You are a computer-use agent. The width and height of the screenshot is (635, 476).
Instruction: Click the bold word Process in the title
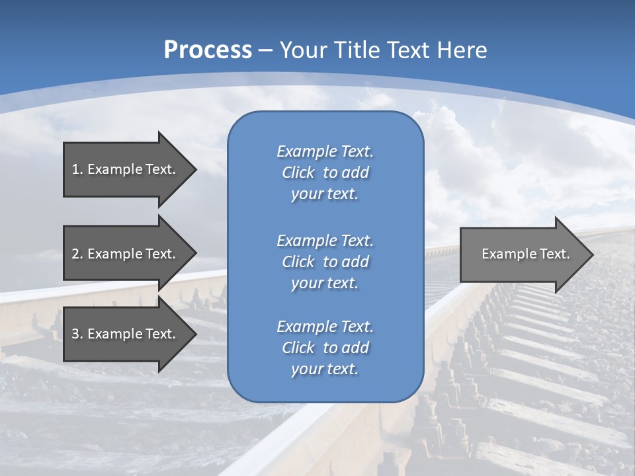click(208, 50)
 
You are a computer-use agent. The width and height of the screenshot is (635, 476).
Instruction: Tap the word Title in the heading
click(357, 50)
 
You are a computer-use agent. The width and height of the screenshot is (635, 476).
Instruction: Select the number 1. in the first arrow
click(77, 169)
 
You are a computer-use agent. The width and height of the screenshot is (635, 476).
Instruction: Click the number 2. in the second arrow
click(77, 254)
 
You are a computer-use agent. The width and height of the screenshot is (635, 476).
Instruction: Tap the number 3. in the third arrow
click(77, 334)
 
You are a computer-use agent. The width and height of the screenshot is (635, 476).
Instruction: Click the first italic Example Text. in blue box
click(325, 151)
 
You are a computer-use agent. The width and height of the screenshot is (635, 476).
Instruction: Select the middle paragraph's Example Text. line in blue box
click(325, 240)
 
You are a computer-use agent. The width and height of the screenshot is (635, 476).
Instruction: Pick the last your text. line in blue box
click(325, 370)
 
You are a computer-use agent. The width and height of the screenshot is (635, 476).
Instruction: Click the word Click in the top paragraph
click(298, 173)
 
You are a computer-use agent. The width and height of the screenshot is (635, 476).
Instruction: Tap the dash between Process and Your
click(265, 50)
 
